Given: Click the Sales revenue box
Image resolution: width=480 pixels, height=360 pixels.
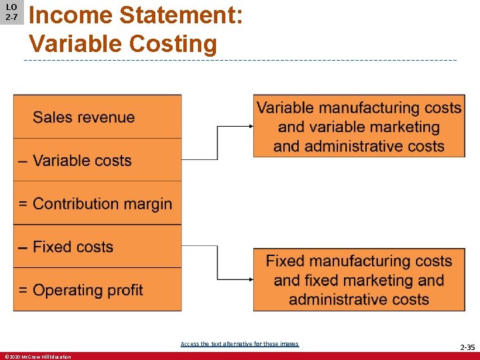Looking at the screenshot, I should tap(97, 117).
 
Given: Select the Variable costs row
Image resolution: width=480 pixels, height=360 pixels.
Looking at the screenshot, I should tap(97, 160).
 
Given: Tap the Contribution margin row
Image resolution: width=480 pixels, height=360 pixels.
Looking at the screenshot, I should tap(97, 203).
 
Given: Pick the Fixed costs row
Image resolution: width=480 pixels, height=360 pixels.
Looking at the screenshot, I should tap(97, 247).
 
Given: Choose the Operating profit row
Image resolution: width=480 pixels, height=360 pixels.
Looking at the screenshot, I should tap(97, 290).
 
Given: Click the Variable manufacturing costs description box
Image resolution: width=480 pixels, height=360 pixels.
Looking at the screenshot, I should tap(359, 127).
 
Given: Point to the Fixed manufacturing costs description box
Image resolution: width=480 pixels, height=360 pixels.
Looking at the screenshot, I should tap(359, 279).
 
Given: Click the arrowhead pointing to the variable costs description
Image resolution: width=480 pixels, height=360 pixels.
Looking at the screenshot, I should tap(250, 126).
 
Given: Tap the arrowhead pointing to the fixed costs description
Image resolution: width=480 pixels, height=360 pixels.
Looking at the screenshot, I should tap(250, 279).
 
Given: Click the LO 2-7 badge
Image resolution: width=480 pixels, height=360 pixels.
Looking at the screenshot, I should tap(11, 12).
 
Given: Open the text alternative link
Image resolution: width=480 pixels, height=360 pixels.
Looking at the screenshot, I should tap(239, 344).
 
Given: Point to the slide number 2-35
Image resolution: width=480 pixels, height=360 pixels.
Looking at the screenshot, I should tap(467, 347).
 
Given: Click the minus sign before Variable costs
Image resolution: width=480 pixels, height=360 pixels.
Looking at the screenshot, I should tap(23, 161).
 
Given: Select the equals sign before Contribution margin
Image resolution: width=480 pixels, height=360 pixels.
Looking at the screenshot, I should tap(23, 204).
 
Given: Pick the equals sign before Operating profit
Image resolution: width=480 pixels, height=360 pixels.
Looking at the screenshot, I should tap(23, 291).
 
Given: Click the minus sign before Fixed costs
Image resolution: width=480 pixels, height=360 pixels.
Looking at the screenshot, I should tap(23, 247).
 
